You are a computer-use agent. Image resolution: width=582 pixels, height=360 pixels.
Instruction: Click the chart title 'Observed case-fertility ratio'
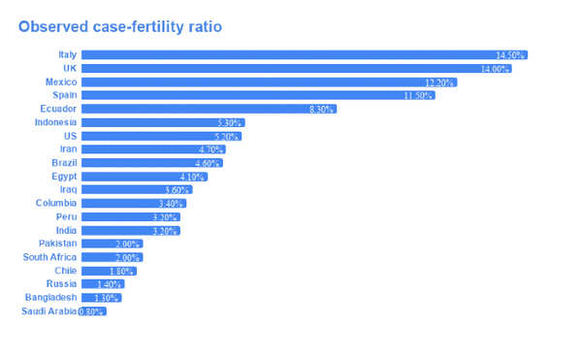[120, 27]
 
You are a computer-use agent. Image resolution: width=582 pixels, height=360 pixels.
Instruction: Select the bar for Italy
[291, 55]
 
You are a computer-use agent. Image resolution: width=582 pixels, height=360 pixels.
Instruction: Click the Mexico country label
[59, 82]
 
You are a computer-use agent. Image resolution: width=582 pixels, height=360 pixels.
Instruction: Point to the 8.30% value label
[321, 110]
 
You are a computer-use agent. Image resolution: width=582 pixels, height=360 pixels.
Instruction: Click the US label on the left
[70, 137]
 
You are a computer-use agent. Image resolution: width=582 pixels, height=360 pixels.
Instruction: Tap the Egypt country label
[64, 177]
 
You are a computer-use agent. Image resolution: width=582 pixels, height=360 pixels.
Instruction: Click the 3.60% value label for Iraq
[178, 190]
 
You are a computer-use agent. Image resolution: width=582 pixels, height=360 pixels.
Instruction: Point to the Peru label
[66, 217]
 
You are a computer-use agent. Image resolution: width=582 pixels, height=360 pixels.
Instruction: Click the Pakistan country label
[57, 244]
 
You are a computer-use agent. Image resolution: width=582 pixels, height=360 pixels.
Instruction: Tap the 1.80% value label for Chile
[122, 271]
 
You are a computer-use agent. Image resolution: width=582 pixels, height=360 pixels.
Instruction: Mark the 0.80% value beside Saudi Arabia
[91, 311]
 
